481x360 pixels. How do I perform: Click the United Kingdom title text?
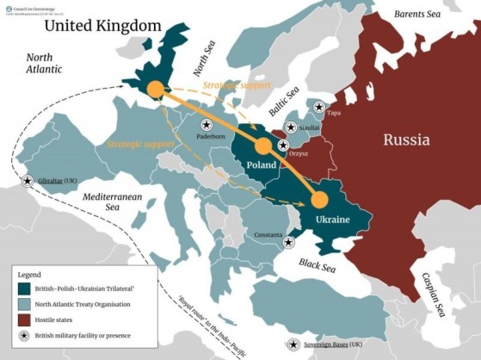click(103, 25)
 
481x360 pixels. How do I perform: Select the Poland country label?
click(261, 164)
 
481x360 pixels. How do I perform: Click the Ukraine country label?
click(332, 220)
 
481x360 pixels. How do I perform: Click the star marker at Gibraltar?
click(28, 182)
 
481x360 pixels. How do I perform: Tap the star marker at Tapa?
click(319, 108)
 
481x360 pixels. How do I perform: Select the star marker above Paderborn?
click(207, 126)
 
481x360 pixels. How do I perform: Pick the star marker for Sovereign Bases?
click(293, 344)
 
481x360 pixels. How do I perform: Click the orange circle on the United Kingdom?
click(154, 89)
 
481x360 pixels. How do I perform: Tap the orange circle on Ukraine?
click(319, 200)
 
